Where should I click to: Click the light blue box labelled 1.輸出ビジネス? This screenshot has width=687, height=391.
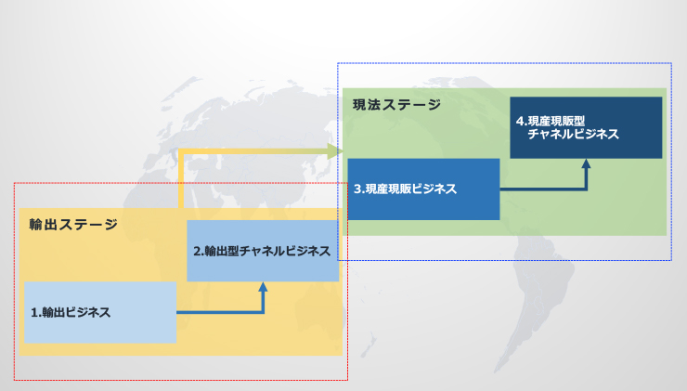pyautogui.click(x=99, y=312)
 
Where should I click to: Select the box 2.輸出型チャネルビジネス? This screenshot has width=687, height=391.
pyautogui.click(x=263, y=251)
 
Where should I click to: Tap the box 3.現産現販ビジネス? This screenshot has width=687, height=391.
pyautogui.click(x=423, y=189)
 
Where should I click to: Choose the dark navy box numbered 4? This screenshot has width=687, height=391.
pyautogui.click(x=585, y=127)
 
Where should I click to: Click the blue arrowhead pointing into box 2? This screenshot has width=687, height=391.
pyautogui.click(x=263, y=287)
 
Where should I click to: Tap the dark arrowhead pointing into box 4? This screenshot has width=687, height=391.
pyautogui.click(x=586, y=163)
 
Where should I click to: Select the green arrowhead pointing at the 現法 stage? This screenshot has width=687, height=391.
pyautogui.click(x=335, y=150)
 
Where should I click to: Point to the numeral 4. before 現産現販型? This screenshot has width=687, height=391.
pyautogui.click(x=521, y=121)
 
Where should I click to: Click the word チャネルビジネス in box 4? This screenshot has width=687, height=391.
pyautogui.click(x=573, y=135)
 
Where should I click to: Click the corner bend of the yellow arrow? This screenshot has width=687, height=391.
pyautogui.click(x=180, y=151)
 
